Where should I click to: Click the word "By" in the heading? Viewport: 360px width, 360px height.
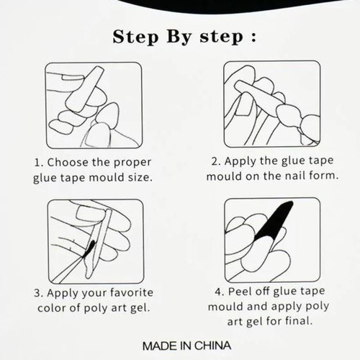(179, 37)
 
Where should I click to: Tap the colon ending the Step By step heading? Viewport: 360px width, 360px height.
(253, 37)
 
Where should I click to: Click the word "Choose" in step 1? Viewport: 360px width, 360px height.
(68, 163)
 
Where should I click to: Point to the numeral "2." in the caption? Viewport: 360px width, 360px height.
(217, 161)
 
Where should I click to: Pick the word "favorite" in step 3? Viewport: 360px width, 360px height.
(131, 292)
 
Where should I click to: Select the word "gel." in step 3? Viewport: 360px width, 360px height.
(140, 309)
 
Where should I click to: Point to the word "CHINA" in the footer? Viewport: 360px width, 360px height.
(212, 346)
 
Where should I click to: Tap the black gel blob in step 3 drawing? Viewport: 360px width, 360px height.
(89, 249)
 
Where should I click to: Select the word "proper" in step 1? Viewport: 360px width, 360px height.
(132, 163)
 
